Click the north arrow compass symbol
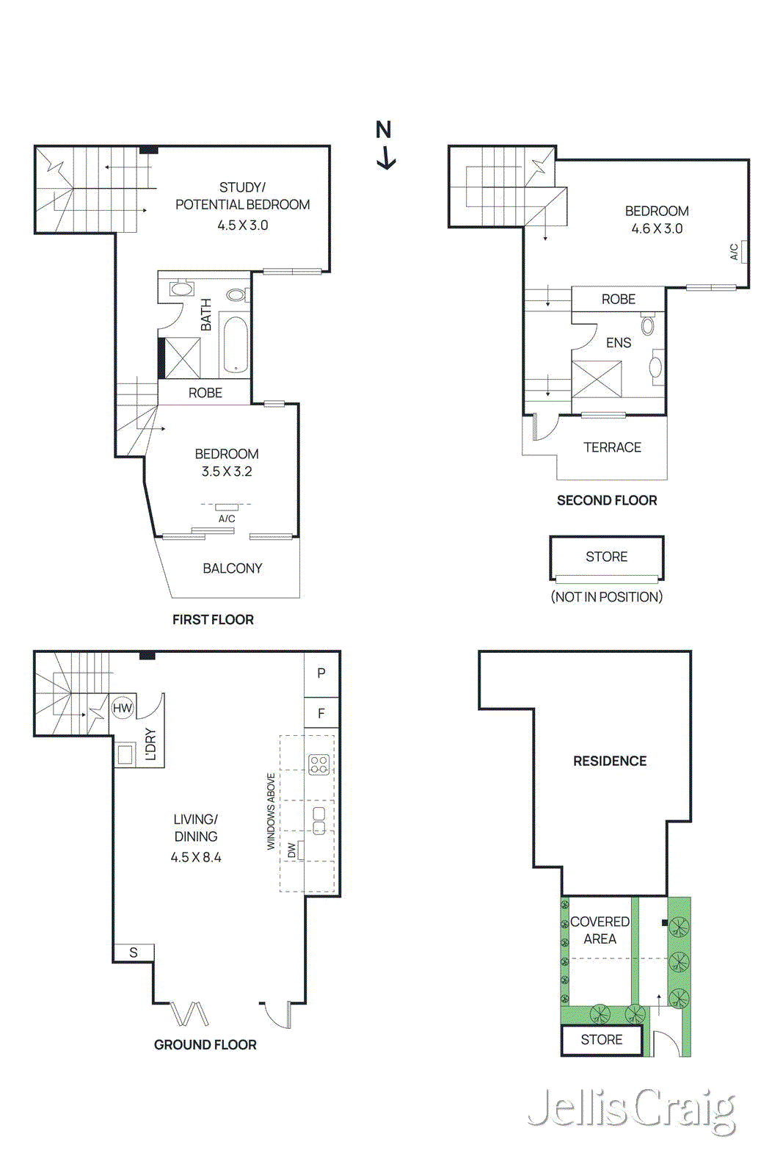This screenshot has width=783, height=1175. point(385,146)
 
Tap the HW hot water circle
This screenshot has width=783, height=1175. point(122,708)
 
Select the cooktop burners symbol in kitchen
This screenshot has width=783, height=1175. point(318,764)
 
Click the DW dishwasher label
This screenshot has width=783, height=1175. point(292,850)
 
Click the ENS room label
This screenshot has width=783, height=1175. point(618,343)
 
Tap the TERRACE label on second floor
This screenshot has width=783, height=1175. point(612,447)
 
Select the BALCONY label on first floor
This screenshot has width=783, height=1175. point(232,568)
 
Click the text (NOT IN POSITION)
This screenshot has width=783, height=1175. point(606,597)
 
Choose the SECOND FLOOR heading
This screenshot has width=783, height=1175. point(606,501)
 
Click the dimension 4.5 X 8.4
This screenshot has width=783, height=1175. point(195,857)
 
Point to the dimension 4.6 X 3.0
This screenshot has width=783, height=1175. point(657,228)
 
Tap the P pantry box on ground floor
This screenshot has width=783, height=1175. point(321,673)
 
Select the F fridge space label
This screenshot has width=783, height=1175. point(321,713)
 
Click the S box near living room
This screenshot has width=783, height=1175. point(134,952)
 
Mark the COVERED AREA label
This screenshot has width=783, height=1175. point(600,930)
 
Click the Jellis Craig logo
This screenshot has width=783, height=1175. point(631,1109)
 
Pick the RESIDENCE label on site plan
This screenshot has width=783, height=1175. point(610,762)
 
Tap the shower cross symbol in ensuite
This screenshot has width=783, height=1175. point(596,379)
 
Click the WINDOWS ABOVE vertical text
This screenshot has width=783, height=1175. point(271,811)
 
